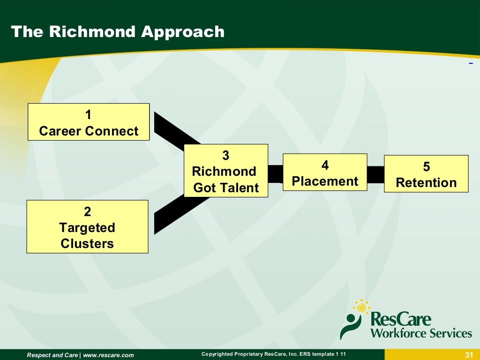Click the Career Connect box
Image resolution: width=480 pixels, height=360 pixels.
[89, 122]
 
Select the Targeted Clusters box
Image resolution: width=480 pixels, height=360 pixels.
[87, 227]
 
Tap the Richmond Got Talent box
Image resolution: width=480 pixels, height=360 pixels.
[225, 171]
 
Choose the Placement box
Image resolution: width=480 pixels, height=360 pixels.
[325, 172]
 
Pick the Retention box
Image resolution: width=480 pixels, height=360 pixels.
[426, 174]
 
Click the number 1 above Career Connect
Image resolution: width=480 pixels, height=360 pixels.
[88, 115]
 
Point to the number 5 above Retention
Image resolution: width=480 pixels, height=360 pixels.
[426, 167]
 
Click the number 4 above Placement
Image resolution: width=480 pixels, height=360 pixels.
[325, 165]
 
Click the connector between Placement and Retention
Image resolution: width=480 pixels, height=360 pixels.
[375, 174]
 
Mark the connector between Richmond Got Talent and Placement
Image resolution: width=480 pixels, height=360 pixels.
[275, 174]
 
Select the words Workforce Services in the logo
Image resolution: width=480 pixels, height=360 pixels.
[420, 333]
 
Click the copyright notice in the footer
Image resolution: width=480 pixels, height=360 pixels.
[274, 354]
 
